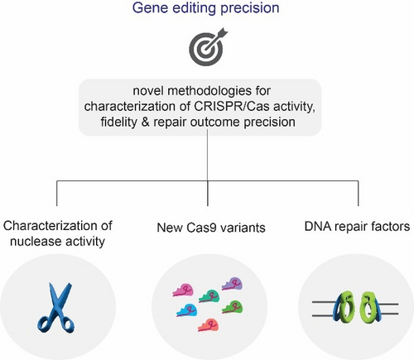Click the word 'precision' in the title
250,8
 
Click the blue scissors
56,307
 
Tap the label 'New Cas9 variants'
211,228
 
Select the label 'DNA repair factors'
357,226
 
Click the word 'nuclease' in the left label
31,242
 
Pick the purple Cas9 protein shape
233,284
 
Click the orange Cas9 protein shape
209,325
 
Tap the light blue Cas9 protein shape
187,310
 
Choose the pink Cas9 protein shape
183,290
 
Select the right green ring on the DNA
368,308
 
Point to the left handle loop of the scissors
44,324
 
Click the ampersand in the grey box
145,122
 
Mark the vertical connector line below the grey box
208,168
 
